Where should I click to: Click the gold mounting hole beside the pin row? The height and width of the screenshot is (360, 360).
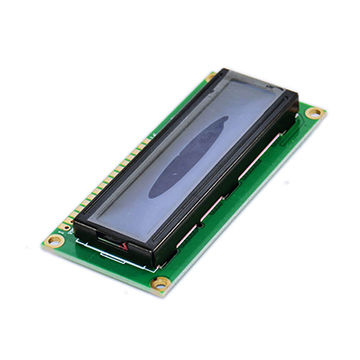(x=57, y=240)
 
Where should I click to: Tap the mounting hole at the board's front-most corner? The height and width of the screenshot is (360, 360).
(x=160, y=284)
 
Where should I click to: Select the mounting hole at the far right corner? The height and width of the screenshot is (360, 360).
(x=314, y=113)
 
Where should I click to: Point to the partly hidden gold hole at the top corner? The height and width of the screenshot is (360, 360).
(x=212, y=74)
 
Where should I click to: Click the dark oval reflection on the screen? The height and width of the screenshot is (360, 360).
(x=190, y=155)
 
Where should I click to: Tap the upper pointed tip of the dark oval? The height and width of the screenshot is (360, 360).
(x=224, y=120)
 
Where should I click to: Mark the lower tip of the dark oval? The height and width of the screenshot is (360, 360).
(x=154, y=191)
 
